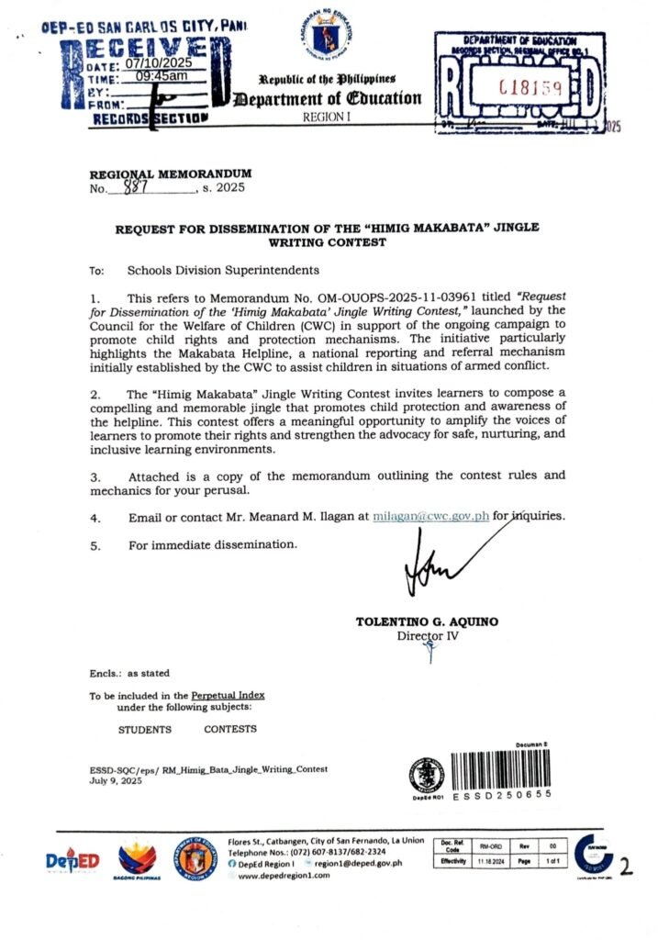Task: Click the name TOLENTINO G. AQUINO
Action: click(x=427, y=621)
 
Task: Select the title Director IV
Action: click(x=427, y=635)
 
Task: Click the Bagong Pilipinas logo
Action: click(x=138, y=861)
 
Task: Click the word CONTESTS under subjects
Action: click(x=230, y=729)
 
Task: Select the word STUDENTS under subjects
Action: click(x=144, y=729)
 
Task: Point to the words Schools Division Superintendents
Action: click(x=223, y=271)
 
